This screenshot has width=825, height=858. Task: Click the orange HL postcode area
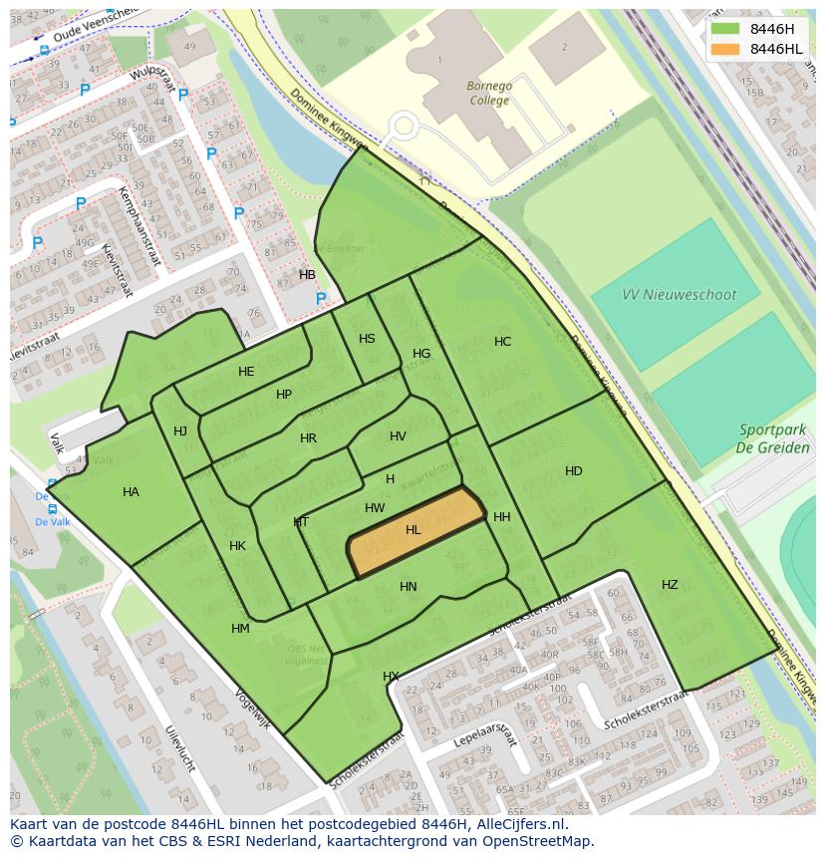pos(414,531)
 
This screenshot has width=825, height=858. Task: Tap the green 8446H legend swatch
pos(725,28)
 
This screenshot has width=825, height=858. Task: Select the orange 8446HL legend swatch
pos(725,49)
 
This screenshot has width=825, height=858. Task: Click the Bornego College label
pos(489,93)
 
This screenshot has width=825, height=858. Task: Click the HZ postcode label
pos(670,585)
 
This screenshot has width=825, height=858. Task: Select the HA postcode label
pos(131,492)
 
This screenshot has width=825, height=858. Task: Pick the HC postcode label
pos(503,342)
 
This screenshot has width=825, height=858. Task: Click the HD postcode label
pos(574,471)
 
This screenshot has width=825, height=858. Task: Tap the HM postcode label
pos(240,629)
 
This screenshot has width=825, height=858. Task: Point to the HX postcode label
pos(391,677)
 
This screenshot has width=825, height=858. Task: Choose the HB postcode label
pos(307,275)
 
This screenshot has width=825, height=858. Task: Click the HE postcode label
pos(246,372)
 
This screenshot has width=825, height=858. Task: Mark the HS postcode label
pos(367,339)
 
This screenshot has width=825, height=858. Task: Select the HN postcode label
pos(409,587)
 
